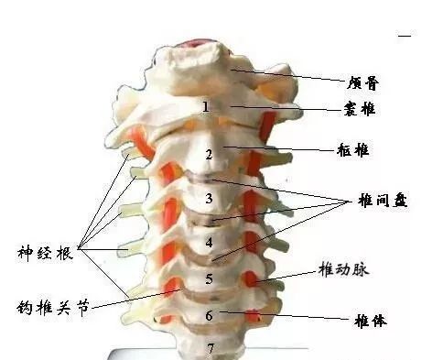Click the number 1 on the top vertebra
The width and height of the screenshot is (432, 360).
point(206,107)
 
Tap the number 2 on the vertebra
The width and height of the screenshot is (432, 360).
point(209,154)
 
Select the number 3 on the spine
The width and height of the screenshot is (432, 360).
point(210,198)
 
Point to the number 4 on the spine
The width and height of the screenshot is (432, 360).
point(210,243)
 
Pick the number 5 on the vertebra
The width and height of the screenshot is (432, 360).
point(209,278)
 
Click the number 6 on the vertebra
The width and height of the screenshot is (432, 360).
point(209,315)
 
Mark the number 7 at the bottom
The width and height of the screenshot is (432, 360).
point(210,348)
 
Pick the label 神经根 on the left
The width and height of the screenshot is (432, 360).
point(45,250)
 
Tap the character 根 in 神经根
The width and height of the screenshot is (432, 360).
point(66,250)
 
